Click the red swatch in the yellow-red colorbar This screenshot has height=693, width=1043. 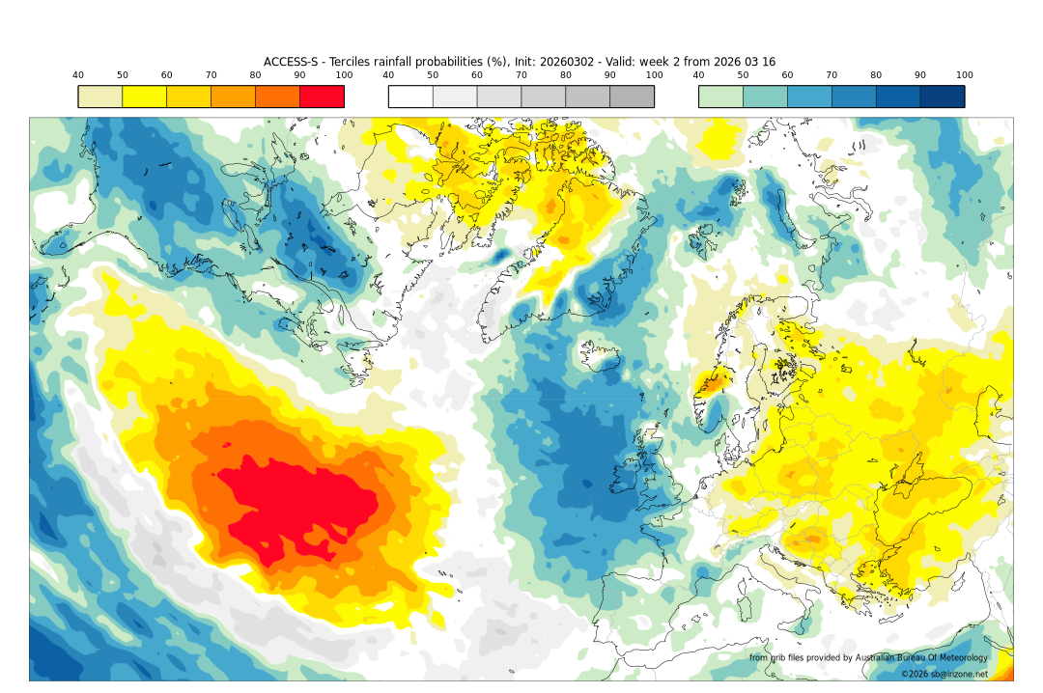click(322, 97)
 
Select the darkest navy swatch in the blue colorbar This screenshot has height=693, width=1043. click(942, 97)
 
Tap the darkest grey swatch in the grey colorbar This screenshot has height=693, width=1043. click(632, 97)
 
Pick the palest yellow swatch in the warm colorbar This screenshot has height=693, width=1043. click(99, 97)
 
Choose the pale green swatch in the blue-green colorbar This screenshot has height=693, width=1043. click(720, 97)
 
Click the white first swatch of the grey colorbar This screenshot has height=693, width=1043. click(410, 97)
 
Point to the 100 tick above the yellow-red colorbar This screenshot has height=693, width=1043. click(344, 75)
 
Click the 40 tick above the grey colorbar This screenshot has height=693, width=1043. click(388, 75)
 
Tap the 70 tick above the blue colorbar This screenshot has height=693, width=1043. click(832, 75)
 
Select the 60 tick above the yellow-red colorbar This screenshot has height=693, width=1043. click(166, 75)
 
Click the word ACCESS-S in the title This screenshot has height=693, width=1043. click(291, 62)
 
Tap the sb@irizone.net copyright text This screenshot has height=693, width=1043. click(951, 674)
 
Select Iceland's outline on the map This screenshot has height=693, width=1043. click(603, 356)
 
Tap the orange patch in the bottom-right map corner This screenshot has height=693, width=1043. click(1004, 670)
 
